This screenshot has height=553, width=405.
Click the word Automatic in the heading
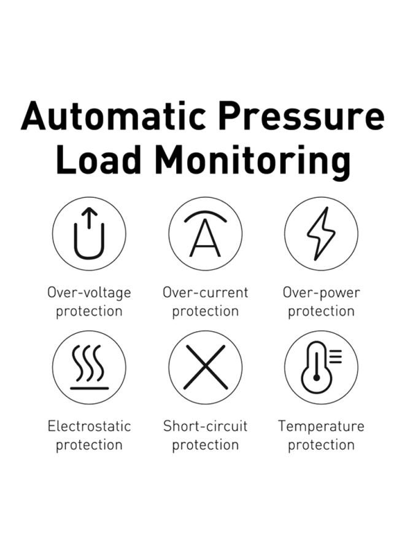click(114, 116)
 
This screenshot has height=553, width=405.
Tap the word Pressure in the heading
click(301, 116)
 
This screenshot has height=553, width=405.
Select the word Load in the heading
click(99, 160)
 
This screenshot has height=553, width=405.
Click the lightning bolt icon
click(321, 233)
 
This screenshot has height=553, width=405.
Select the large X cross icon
click(205, 367)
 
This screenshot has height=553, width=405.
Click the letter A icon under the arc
click(205, 238)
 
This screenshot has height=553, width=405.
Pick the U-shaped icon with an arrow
click(89, 233)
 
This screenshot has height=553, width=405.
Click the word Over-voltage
click(89, 293)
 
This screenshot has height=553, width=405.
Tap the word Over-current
click(206, 292)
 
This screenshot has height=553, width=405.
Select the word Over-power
click(321, 293)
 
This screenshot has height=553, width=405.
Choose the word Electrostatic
click(89, 426)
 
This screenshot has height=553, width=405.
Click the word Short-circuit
click(206, 426)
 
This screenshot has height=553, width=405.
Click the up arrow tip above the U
click(89, 208)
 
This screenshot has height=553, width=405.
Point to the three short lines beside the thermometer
click(336, 356)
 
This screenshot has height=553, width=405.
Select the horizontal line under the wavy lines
click(90, 388)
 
